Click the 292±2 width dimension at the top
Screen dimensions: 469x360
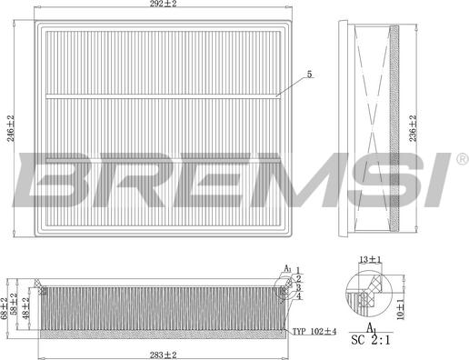(163, 4)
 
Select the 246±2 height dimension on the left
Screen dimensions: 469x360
(11, 128)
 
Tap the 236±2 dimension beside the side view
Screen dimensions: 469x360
(413, 128)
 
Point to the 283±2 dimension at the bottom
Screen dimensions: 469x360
(163, 355)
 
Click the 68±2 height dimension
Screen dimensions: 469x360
(4, 308)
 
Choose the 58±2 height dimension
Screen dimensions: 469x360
(15, 305)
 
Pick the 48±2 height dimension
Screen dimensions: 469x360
(26, 308)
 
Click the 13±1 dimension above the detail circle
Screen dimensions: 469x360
(370, 259)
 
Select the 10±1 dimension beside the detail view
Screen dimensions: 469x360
(401, 309)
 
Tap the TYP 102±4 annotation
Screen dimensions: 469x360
(314, 332)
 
